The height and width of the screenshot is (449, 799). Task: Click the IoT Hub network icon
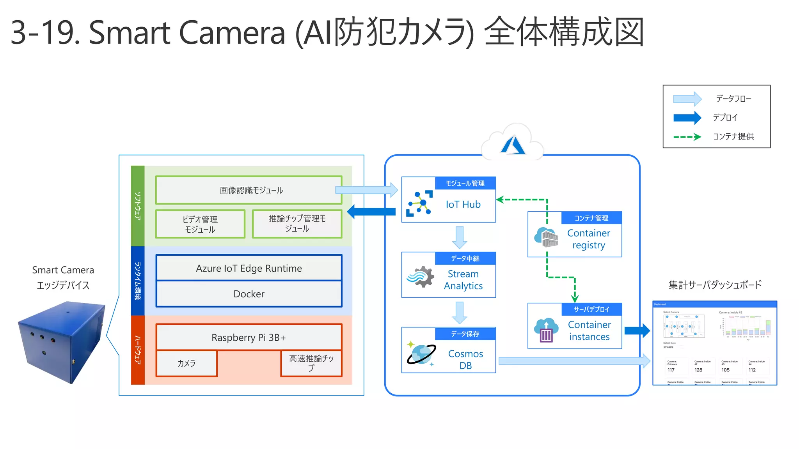pyautogui.click(x=419, y=203)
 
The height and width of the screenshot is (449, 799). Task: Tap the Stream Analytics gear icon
pyautogui.click(x=421, y=277)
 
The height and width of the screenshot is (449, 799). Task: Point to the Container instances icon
pyautogui.click(x=546, y=330)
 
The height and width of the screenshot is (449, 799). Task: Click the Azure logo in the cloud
pyautogui.click(x=513, y=145)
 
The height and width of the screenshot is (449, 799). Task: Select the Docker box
pyautogui.click(x=249, y=294)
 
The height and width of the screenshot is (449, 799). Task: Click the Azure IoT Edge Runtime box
pyautogui.click(x=249, y=268)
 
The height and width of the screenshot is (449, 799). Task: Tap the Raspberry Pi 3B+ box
pyautogui.click(x=249, y=337)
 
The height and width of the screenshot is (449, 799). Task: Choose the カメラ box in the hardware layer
pyautogui.click(x=186, y=363)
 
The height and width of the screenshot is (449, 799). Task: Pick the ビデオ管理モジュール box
pyautogui.click(x=200, y=224)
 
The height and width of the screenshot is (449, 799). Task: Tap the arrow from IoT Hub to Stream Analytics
pyautogui.click(x=460, y=237)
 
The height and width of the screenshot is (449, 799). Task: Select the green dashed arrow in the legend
pyautogui.click(x=687, y=137)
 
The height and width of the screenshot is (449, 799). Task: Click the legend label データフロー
pyautogui.click(x=733, y=99)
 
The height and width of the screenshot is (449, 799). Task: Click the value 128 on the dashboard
pyautogui.click(x=698, y=370)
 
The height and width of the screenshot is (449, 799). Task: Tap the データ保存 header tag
pyautogui.click(x=465, y=334)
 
